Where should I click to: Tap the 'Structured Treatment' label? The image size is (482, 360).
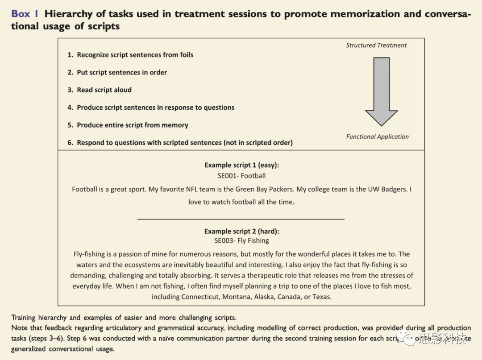click(x=376, y=45)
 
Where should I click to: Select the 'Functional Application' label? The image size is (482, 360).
click(x=377, y=137)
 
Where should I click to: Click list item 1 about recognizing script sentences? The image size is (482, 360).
click(x=130, y=55)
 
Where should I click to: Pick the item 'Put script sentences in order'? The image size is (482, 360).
click(x=117, y=72)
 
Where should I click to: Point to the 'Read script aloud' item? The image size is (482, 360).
click(x=100, y=90)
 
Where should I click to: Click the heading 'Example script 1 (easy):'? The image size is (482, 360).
click(x=241, y=165)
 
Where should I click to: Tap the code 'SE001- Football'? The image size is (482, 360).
click(x=241, y=176)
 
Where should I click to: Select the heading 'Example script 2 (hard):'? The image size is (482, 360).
click(x=241, y=231)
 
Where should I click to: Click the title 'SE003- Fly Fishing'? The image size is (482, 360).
click(x=241, y=241)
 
